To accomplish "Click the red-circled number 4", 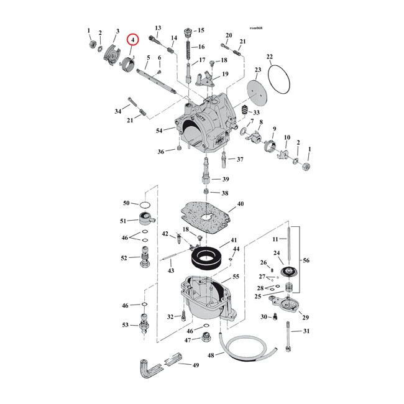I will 131,40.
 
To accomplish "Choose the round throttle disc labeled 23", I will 255,88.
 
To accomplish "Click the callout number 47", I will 187,340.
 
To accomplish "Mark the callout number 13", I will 158,28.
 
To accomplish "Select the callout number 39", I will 217,180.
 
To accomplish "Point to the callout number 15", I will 200,30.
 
